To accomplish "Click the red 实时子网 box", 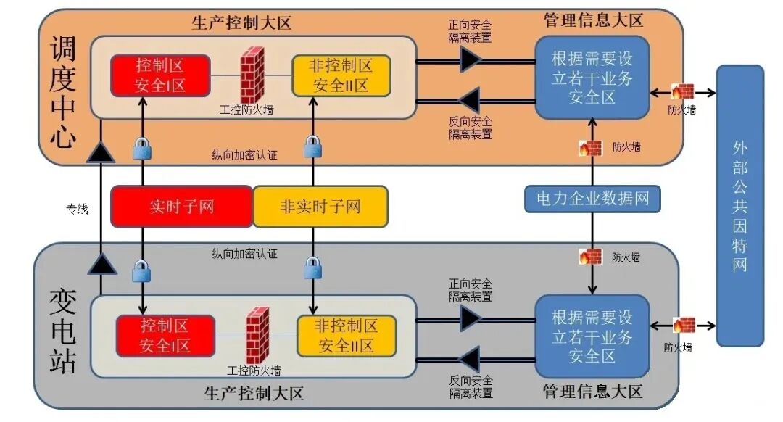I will pos(181,207).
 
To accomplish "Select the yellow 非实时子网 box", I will pos(320,207).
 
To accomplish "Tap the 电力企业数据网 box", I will pos(593,198).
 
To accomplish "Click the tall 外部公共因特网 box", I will pos(739,206).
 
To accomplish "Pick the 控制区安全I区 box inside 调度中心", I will pos(160,75).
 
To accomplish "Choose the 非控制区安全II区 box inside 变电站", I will pos(347,335).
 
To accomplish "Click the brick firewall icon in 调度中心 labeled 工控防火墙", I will pos(252,75).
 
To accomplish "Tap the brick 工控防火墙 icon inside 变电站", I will pos(257,335).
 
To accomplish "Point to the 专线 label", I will pos(77,209).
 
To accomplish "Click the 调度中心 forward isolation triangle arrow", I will pos(471,59).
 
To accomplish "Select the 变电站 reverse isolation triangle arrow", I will pos(471,359).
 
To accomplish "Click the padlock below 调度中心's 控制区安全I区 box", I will pos(142,149).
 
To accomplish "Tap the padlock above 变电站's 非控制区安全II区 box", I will pos(312,269).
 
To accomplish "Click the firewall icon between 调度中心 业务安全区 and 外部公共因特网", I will pos(682,91).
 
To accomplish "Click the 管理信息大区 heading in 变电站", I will pos(592,392).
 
